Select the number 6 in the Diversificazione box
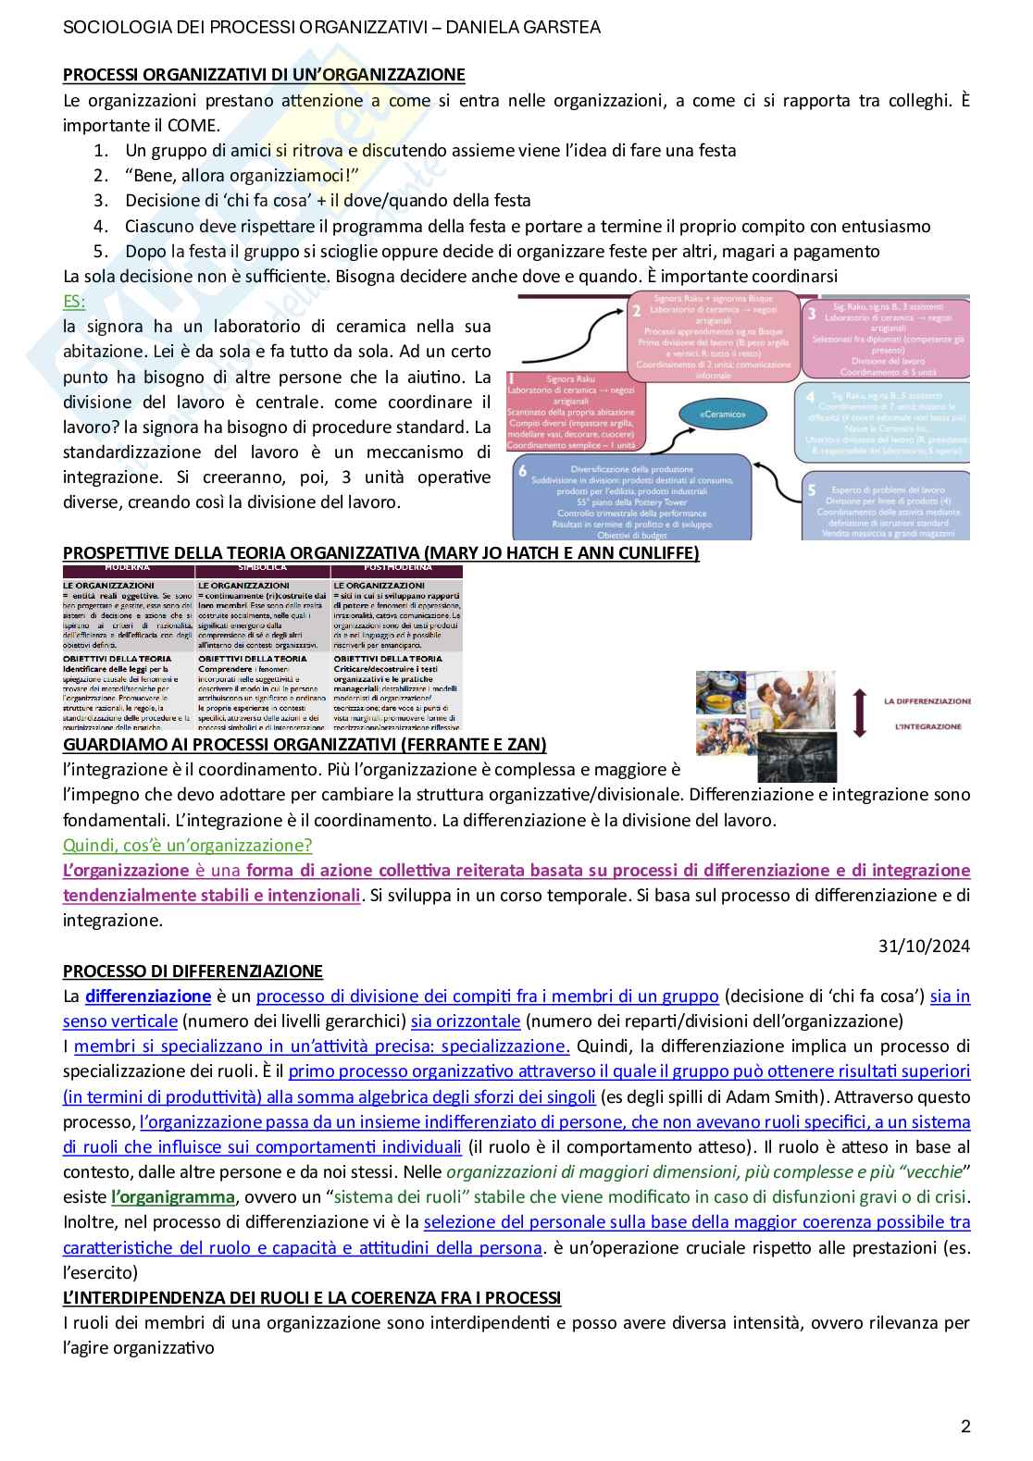pyautogui.click(x=524, y=471)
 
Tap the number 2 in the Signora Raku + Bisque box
pyautogui.click(x=636, y=312)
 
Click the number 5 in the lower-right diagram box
pyautogui.click(x=812, y=489)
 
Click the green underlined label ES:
pyautogui.click(x=74, y=301)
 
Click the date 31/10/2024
pyautogui.click(x=924, y=946)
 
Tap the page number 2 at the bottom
pyautogui.click(x=965, y=1426)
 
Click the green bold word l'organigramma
pyautogui.click(x=173, y=1197)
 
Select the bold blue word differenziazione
pyautogui.click(x=148, y=997)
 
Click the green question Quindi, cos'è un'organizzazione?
pyautogui.click(x=187, y=845)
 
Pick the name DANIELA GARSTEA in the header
pyautogui.click(x=523, y=28)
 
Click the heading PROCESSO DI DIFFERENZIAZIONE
pyautogui.click(x=193, y=972)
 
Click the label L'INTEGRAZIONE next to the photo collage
pyautogui.click(x=927, y=727)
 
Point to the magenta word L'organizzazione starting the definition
pyautogui.click(x=126, y=871)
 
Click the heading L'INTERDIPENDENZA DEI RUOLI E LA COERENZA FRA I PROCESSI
pyautogui.click(x=312, y=1297)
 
